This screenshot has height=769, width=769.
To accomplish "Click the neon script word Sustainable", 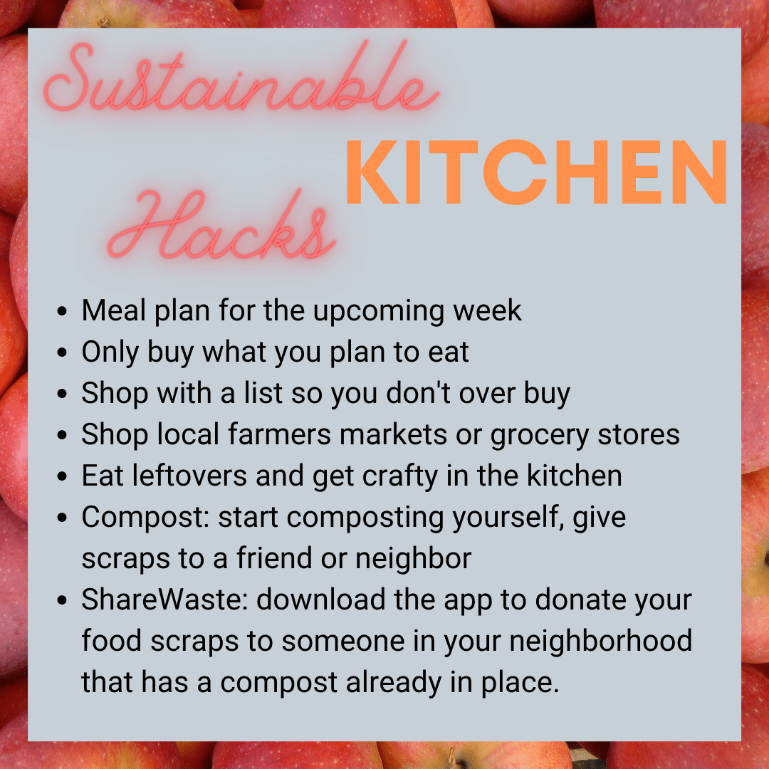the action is pyautogui.click(x=241, y=78).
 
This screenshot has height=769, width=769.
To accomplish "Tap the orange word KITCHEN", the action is pyautogui.click(x=537, y=172).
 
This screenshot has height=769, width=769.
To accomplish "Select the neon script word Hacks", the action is pyautogui.click(x=221, y=224).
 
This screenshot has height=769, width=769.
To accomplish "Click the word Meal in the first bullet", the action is pyautogui.click(x=114, y=310).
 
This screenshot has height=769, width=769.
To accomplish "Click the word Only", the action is pyautogui.click(x=110, y=353).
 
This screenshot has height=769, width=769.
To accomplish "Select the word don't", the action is pyautogui.click(x=419, y=393).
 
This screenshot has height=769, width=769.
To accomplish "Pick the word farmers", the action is pyautogui.click(x=280, y=434).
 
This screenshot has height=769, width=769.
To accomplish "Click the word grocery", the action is pyautogui.click(x=540, y=436).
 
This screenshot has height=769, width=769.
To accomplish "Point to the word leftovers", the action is pyautogui.click(x=189, y=476).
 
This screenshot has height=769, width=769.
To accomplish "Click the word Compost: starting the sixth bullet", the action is pyautogui.click(x=146, y=518).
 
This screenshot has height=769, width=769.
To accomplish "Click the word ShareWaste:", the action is pyautogui.click(x=164, y=600).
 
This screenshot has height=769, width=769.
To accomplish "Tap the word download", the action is pyautogui.click(x=320, y=600).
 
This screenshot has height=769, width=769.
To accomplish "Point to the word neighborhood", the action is pyautogui.click(x=601, y=642).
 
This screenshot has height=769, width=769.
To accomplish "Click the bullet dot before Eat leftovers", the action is pyautogui.click(x=62, y=476).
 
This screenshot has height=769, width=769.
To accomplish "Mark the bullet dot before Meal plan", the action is pyautogui.click(x=62, y=311).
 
